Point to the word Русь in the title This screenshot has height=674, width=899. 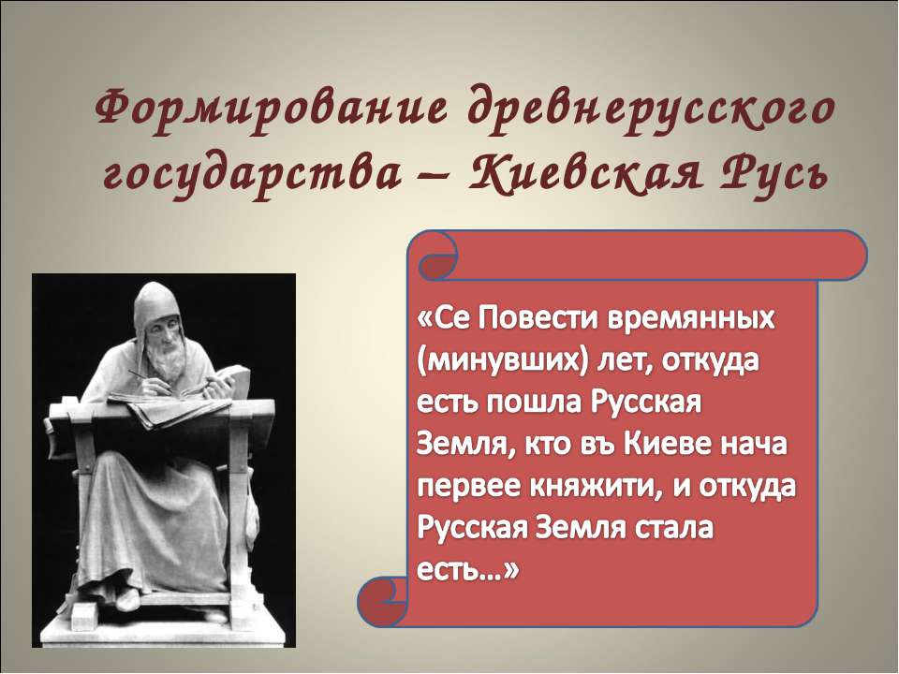pos(767,173)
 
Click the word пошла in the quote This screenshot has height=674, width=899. pos(535,403)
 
